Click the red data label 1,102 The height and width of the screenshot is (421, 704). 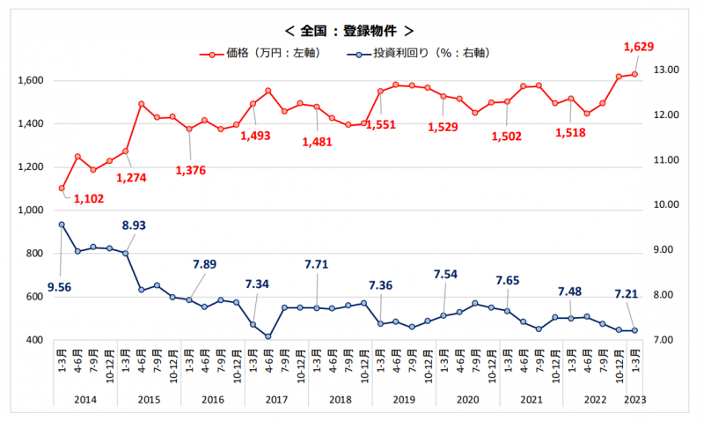click(90, 198)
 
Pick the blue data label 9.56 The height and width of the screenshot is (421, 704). click(60, 286)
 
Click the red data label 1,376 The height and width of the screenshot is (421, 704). click(190, 169)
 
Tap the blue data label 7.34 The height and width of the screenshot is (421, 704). click(258, 284)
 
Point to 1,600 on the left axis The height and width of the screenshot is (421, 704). click(30, 81)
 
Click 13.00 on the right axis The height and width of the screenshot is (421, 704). click(661, 70)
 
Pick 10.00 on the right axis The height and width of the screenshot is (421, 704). click(661, 205)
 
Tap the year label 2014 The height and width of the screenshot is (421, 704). click(85, 400)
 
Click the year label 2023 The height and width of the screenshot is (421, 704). click(634, 400)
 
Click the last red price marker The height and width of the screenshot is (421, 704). click(634, 74)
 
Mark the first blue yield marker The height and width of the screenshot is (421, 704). click(62, 225)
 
